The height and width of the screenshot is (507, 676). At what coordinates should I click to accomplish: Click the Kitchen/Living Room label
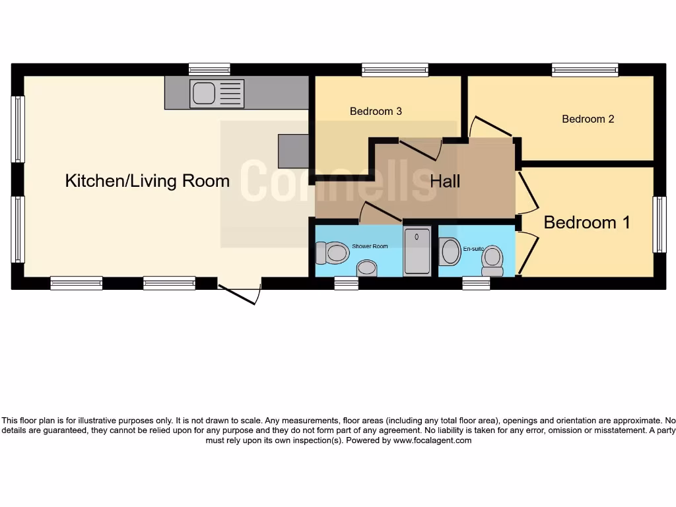pyautogui.click(x=147, y=181)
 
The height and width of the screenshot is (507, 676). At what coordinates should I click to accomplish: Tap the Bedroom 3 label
pyautogui.click(x=376, y=111)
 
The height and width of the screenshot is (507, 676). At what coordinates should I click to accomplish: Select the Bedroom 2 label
pyautogui.click(x=588, y=119)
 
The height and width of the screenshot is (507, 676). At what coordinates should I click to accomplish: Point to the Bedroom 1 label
pyautogui.click(x=587, y=222)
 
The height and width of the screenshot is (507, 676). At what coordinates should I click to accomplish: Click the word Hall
pyautogui.click(x=445, y=181)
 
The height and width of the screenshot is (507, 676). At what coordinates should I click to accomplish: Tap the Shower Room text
pyautogui.click(x=370, y=246)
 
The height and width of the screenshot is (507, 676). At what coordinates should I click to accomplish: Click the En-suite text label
pyautogui.click(x=473, y=248)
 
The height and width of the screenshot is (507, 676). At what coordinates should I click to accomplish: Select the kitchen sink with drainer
pyautogui.click(x=217, y=93)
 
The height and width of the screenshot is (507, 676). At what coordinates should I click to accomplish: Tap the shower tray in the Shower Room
pyautogui.click(x=417, y=250)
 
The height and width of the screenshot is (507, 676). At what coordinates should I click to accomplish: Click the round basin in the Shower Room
pyautogui.click(x=366, y=268)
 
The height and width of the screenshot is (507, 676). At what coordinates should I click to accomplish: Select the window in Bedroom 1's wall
pyautogui.click(x=659, y=224)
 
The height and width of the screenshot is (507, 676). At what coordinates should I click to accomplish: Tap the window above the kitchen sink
pyautogui.click(x=209, y=69)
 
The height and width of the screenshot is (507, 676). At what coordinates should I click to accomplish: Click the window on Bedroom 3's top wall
pyautogui.click(x=395, y=69)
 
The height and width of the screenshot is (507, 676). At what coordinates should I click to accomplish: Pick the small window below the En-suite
pyautogui.click(x=476, y=283)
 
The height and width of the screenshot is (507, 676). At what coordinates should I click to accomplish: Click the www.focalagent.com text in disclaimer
pyautogui.click(x=432, y=440)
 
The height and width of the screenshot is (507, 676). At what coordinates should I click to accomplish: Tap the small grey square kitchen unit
pyautogui.click(x=293, y=151)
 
